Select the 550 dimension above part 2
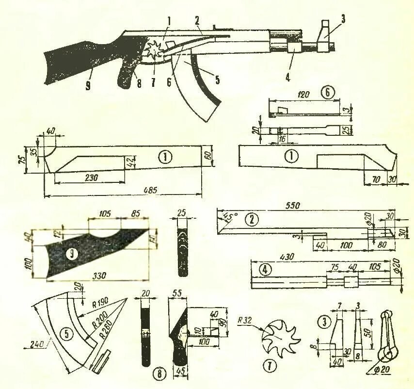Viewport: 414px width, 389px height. (292, 205)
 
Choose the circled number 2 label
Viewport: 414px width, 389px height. (251, 220)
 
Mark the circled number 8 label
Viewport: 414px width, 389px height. (157, 373)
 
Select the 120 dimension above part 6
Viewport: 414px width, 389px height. (304, 95)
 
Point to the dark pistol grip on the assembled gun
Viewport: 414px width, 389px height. (129, 73)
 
